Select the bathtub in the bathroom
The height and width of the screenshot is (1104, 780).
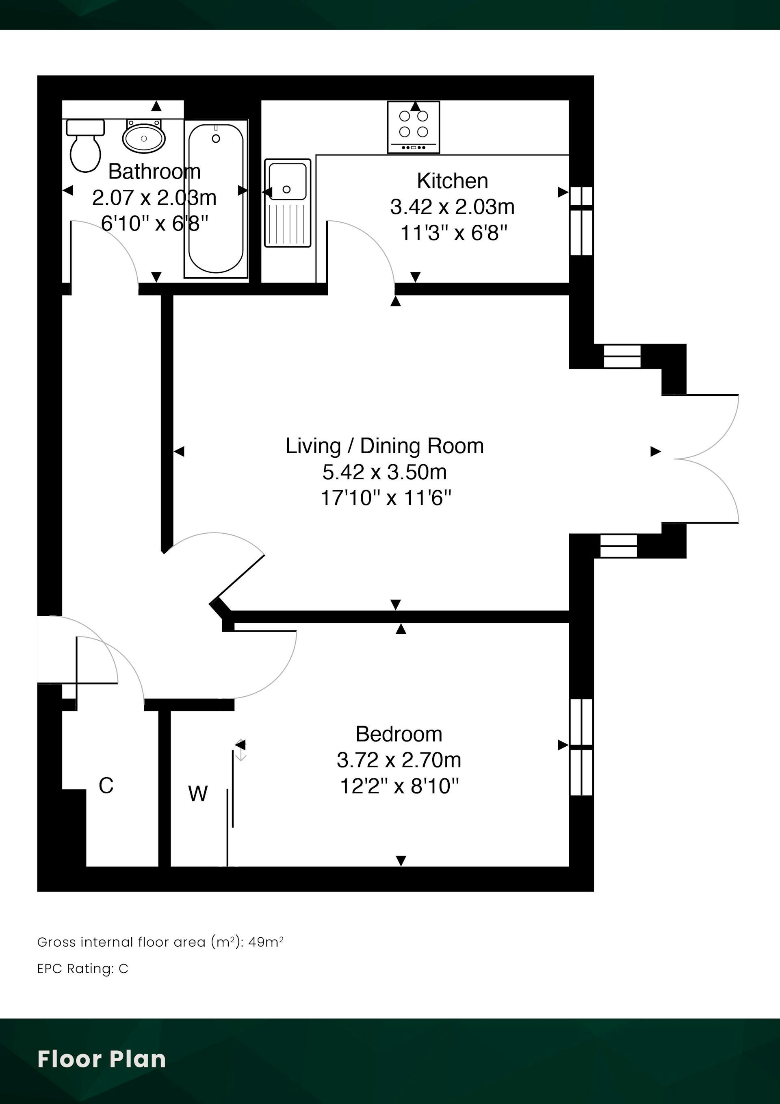click(x=216, y=199)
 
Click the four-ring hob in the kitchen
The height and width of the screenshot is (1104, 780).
click(x=413, y=127)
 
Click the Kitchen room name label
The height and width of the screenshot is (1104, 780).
click(x=452, y=181)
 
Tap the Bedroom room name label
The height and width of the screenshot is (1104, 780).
click(x=399, y=734)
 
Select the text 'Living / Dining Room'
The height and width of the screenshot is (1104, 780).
click(x=384, y=446)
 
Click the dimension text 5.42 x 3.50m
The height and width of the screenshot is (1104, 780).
click(x=384, y=472)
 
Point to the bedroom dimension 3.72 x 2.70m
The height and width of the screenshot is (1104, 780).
click(x=399, y=760)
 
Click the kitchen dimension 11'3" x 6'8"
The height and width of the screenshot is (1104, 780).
click(x=454, y=233)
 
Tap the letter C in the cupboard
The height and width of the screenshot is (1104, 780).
click(x=106, y=786)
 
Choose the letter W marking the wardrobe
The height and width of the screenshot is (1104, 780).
click(x=198, y=794)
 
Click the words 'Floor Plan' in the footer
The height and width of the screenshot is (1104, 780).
click(x=102, y=1059)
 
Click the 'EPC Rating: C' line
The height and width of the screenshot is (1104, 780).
click(x=82, y=968)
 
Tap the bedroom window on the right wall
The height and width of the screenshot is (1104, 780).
click(x=581, y=747)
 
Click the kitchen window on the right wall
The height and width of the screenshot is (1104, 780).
click(x=581, y=221)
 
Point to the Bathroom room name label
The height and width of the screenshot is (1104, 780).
click(x=154, y=172)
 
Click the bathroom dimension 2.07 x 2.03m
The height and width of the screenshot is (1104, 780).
click(x=154, y=198)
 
